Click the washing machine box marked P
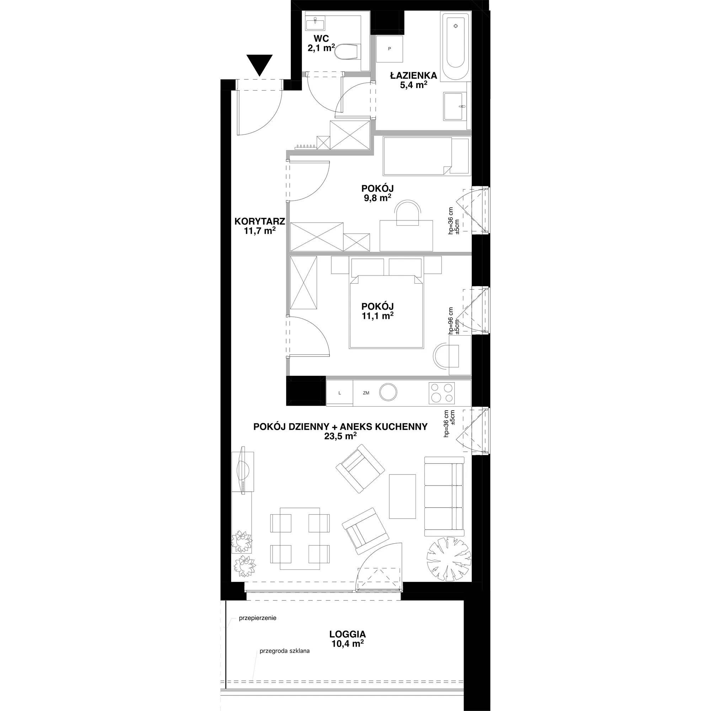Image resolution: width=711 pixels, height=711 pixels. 390,49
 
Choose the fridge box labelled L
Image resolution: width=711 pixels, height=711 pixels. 340,393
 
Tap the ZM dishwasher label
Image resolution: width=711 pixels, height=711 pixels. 366,393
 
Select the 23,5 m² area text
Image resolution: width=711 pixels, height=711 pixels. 341,436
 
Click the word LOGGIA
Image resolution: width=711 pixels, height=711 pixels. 348,634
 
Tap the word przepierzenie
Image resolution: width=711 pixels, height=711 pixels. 258,618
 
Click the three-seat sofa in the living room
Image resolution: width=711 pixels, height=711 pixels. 444,496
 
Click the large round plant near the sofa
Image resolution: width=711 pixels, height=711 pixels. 448,557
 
